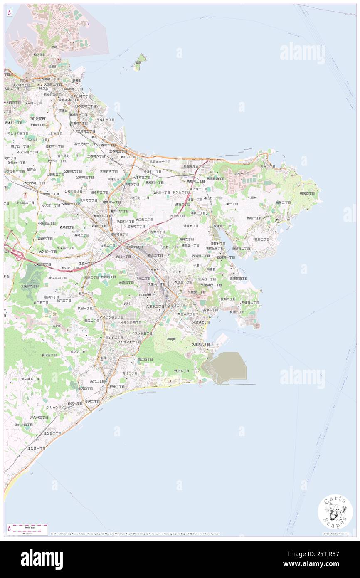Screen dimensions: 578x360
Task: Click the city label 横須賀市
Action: click(x=39, y=118)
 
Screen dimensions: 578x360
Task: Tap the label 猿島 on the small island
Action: click(x=138, y=63)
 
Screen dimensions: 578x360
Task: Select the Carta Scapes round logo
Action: click(x=335, y=512)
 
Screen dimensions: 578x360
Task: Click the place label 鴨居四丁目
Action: click(x=307, y=193)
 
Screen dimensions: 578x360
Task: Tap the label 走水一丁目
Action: click(x=241, y=173)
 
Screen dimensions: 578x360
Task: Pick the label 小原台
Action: click(x=252, y=198)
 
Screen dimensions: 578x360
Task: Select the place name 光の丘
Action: click(x=57, y=326)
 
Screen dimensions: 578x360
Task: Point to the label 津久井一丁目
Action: click(x=36, y=449)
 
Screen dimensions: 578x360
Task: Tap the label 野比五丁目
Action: click(x=181, y=371)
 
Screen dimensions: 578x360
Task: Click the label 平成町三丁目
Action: click(x=106, y=119)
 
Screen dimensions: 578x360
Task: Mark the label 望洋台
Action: click(x=32, y=170)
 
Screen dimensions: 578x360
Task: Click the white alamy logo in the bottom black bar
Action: click(x=42, y=559)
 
